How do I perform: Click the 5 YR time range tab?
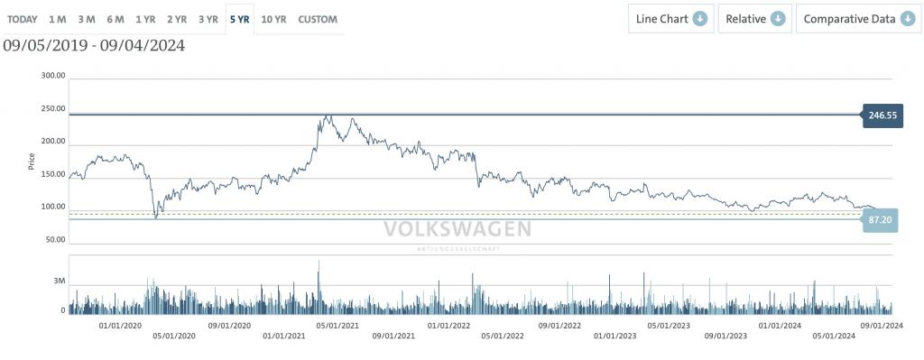click(240, 19)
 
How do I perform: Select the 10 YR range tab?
click(273, 19)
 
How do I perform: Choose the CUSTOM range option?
click(318, 19)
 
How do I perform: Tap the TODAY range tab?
click(23, 19)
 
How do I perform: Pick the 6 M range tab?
click(115, 19)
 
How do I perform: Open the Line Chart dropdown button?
click(671, 19)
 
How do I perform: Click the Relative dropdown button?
click(755, 19)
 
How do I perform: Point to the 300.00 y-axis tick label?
click(52, 76)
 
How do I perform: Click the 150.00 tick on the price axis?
click(52, 174)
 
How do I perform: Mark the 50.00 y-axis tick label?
click(54, 240)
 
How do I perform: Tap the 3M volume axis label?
click(59, 282)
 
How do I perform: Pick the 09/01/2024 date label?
click(882, 325)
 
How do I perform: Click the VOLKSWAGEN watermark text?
click(457, 229)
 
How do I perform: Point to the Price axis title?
click(32, 162)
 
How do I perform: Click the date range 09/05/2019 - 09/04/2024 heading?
click(94, 45)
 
